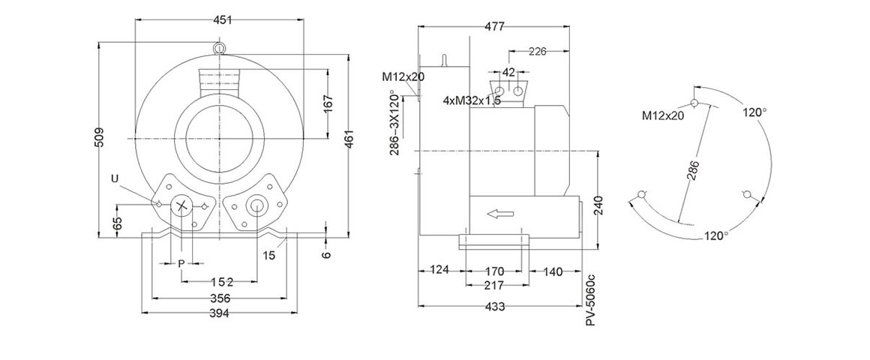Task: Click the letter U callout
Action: coord(114,178)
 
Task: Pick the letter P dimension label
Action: coord(181,263)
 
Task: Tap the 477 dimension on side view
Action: coord(493,26)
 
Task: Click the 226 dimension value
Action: coord(537,52)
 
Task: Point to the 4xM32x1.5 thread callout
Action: coord(472,100)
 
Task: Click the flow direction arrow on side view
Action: coord(500,214)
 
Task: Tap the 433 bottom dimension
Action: coord(495,307)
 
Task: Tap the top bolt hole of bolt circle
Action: coord(694,103)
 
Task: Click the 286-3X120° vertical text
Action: coord(394,124)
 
